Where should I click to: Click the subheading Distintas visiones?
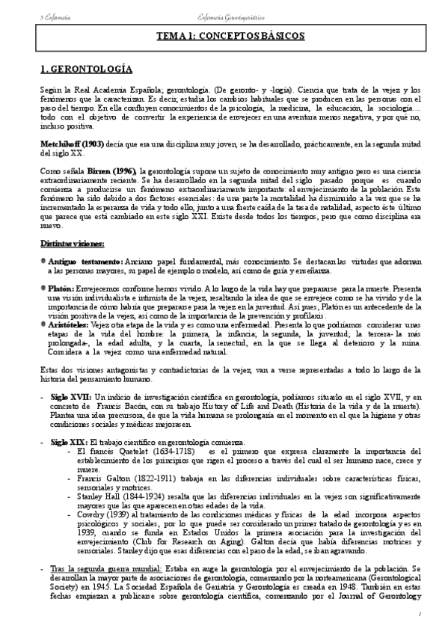click(x=73, y=244)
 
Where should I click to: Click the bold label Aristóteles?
click(x=69, y=327)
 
